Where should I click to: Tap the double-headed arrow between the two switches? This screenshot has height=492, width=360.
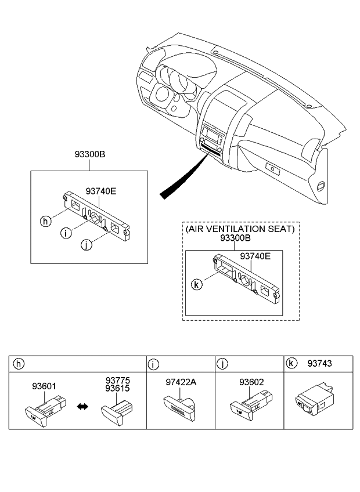pos(82,408)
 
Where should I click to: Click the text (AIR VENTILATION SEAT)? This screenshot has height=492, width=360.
pos(240,229)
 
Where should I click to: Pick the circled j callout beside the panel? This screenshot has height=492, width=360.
pos(86,245)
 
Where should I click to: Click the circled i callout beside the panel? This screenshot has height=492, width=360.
pos(67,233)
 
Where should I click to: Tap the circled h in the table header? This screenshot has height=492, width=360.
pos(19,364)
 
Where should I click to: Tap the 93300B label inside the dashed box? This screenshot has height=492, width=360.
pos(235,239)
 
